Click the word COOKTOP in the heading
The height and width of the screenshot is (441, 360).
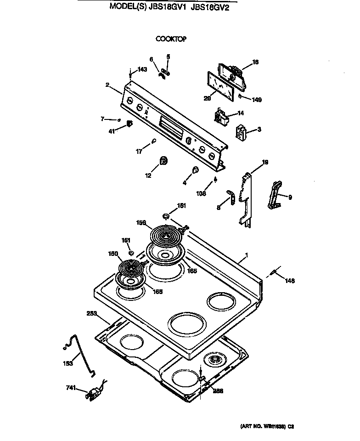point(171,40)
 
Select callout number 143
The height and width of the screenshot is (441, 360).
point(142,69)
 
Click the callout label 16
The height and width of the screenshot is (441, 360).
point(256,62)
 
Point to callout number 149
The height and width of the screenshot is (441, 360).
point(256,99)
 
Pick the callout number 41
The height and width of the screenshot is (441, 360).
point(111,131)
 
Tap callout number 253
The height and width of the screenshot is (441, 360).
point(92,314)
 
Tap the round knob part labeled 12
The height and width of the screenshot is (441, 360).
point(163,160)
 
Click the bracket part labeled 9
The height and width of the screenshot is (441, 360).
point(276,196)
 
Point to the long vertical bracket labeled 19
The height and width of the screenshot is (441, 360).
point(246,200)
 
